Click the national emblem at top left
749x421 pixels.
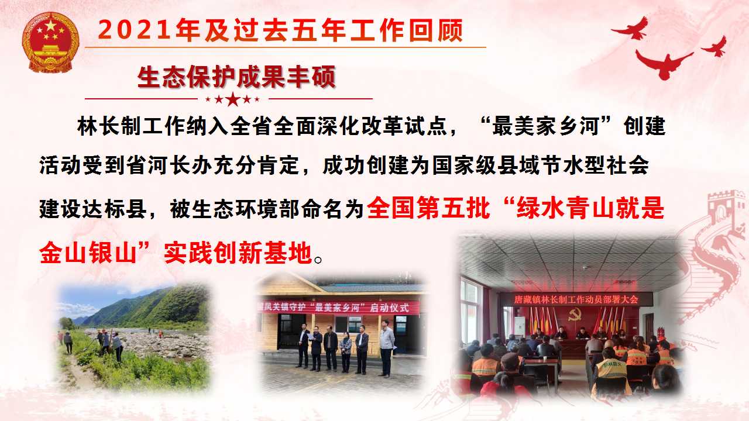(50, 42)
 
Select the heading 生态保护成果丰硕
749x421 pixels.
(236, 77)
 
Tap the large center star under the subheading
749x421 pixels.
(233, 99)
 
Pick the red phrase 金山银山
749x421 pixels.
(88, 253)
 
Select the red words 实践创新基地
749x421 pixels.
(238, 253)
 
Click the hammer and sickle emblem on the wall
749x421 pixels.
(575, 315)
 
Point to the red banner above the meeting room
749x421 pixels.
(576, 299)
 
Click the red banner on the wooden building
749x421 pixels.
(338, 308)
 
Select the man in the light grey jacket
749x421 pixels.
(387, 348)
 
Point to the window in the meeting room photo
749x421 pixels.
(470, 312)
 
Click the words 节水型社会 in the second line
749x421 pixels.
(595, 165)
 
